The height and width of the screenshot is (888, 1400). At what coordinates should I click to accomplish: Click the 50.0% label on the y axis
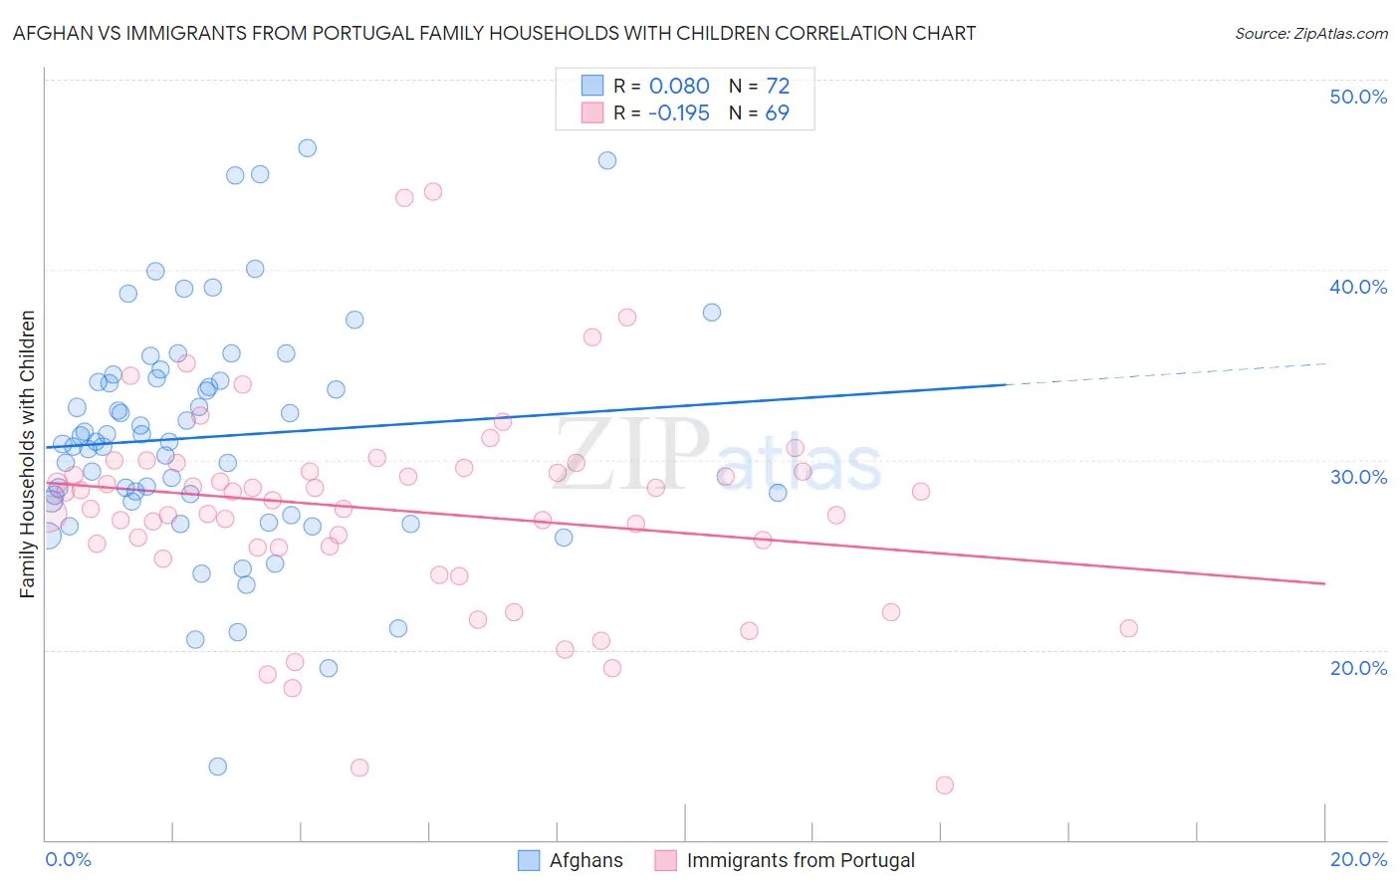(1358, 97)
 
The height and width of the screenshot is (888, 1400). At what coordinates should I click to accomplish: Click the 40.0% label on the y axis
(1358, 287)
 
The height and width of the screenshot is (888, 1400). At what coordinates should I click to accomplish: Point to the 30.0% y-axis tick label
(1358, 477)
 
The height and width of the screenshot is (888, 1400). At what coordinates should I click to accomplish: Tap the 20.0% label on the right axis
(1358, 668)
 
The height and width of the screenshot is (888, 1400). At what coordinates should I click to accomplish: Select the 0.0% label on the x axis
(68, 859)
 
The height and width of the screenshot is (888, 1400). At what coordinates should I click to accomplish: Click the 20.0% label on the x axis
(1358, 859)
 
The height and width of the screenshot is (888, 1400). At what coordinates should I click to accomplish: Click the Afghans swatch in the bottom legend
(529, 860)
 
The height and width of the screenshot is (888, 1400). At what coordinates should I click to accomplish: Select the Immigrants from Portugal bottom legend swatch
(665, 860)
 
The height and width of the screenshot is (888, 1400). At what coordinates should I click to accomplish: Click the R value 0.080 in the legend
(679, 87)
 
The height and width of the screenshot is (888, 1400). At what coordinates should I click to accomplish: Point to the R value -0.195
(678, 113)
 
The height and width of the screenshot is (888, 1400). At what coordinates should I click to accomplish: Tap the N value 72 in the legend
(777, 87)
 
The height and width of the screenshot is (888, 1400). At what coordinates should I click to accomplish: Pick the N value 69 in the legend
(777, 113)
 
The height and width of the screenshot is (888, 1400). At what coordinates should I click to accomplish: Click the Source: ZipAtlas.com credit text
(1310, 33)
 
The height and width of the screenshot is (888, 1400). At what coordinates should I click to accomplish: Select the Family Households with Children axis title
(28, 454)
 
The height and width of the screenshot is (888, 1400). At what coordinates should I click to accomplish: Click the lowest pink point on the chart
(945, 785)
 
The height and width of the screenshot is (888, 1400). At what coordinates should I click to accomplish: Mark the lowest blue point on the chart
(218, 767)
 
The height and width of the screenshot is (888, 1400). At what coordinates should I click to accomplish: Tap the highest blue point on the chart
(308, 148)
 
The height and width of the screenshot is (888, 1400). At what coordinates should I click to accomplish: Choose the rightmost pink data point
(1128, 628)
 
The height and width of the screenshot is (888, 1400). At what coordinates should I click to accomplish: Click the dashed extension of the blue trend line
(1165, 374)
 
